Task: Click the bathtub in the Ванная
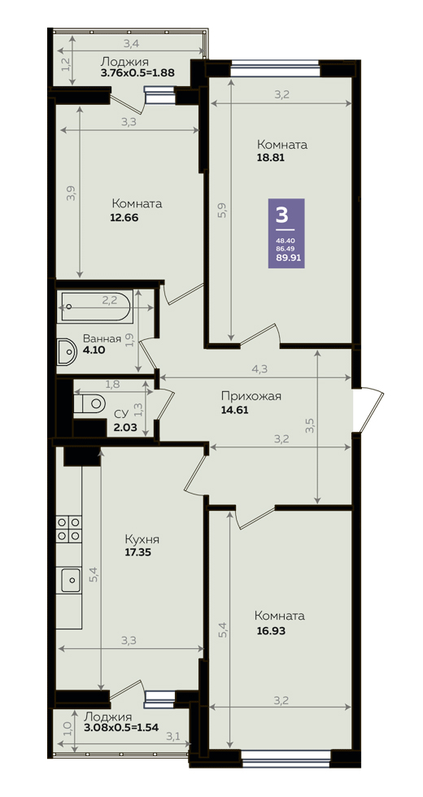pyautogui.click(x=94, y=306)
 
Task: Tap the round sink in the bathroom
pyautogui.click(x=66, y=351)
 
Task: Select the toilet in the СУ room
pyautogui.click(x=89, y=404)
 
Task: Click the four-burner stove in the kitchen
pyautogui.click(x=69, y=529)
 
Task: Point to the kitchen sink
pyautogui.click(x=71, y=580)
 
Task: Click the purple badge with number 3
pyautogui.click(x=286, y=233)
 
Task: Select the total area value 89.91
pyautogui.click(x=286, y=258)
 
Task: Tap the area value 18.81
pyautogui.click(x=270, y=157)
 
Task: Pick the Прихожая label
pyautogui.click(x=251, y=397)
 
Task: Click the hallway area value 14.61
pyautogui.click(x=234, y=411)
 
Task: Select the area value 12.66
pyautogui.click(x=124, y=218)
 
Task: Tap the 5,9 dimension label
pyautogui.click(x=221, y=210)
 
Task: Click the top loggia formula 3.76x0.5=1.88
pyautogui.click(x=137, y=72)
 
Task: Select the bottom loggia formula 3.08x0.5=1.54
pyautogui.click(x=121, y=727)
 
